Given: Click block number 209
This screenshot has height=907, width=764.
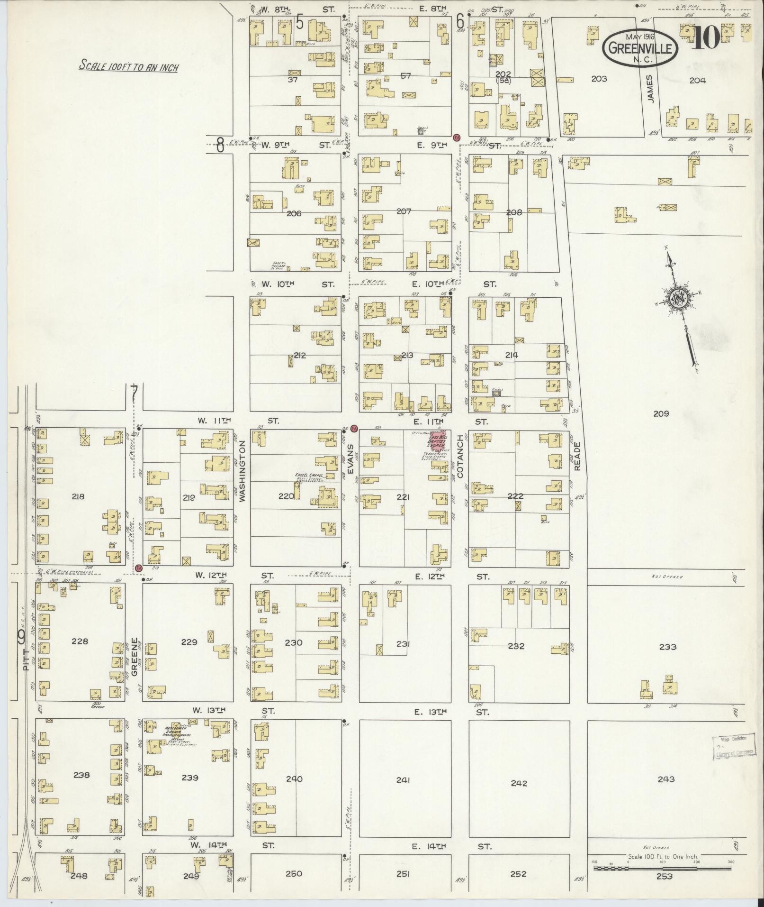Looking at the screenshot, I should coord(661,413).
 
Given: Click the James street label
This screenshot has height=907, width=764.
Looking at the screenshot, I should coord(650,88).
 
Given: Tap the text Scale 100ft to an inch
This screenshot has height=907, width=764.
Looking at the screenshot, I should coord(128,67).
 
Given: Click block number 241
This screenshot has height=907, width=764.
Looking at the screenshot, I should coord(403,780).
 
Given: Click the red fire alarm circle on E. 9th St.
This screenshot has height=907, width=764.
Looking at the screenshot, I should coord(457,137).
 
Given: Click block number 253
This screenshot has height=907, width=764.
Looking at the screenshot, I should coord(665,876).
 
